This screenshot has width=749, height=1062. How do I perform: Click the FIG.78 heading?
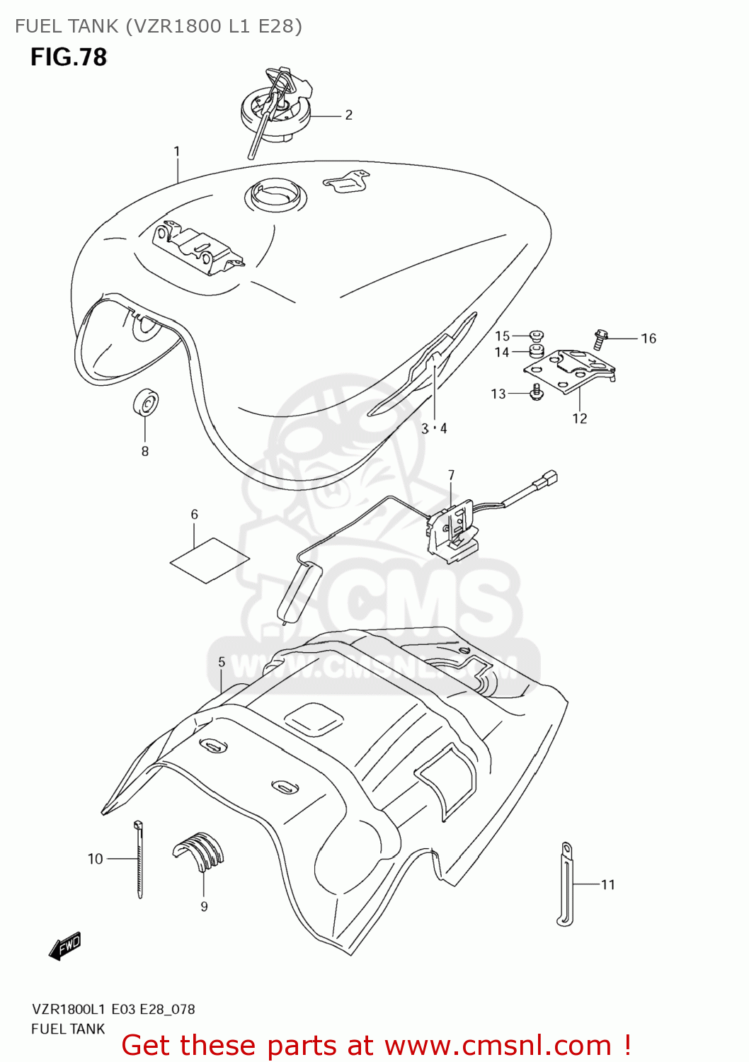69,57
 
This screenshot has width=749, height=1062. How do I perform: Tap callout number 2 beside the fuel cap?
348,115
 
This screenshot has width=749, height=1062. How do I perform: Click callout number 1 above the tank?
176,152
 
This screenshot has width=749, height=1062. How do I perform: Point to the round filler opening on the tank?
276,193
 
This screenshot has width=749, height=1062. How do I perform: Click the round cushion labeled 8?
146,404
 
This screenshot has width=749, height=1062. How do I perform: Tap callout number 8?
145,451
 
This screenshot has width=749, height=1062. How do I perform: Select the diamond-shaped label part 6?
210,560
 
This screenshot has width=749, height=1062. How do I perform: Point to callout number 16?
648,338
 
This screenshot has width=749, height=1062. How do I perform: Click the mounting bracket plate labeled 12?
571,370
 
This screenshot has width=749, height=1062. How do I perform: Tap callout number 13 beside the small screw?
498,394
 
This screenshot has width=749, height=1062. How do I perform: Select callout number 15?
502,336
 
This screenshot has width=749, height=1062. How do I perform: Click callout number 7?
451,475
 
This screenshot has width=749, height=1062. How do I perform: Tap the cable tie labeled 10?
139,860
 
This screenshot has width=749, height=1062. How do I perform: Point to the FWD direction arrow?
66,946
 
